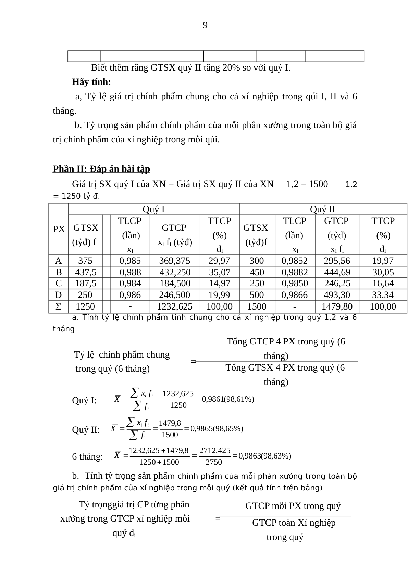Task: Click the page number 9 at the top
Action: coord(205,25)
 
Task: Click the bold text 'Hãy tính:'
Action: coord(91,82)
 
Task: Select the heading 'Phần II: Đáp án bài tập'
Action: coord(101,169)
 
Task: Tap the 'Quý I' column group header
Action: coord(153,209)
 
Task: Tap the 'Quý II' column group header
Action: coord(322,209)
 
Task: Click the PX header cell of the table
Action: coord(59,229)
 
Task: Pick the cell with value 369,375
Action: coord(175,261)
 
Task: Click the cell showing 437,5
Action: coord(86,272)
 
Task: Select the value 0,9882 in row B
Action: coord(295,272)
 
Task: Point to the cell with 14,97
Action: coord(219,283)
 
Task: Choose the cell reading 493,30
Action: coord(337,295)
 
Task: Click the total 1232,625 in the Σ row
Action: coord(175,306)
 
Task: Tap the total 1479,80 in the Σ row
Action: coord(337,306)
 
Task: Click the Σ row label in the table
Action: coord(59,306)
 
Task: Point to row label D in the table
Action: coord(59,295)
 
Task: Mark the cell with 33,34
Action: coord(383,295)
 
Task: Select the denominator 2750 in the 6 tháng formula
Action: coord(214,462)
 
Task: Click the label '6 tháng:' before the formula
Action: coord(87,456)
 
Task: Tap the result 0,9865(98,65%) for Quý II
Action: coord(217,428)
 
